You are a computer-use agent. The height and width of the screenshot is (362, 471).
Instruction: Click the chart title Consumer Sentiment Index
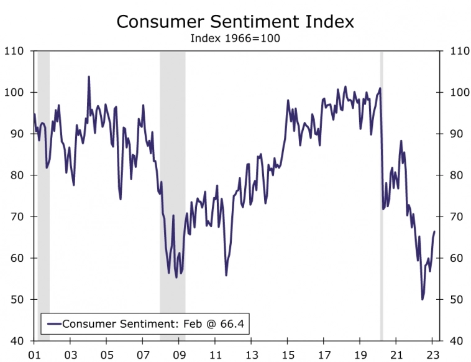(235, 21)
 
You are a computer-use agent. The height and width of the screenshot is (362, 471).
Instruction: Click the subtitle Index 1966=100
(235, 38)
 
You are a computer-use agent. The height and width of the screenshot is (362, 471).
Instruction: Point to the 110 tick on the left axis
(15, 51)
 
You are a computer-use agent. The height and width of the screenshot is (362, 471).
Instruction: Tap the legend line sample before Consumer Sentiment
(54, 323)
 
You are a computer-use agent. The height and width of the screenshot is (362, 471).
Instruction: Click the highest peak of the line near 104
(89, 77)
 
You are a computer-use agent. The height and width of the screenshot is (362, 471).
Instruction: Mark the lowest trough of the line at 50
(423, 299)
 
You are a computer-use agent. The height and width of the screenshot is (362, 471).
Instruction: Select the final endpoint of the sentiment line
(434, 231)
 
